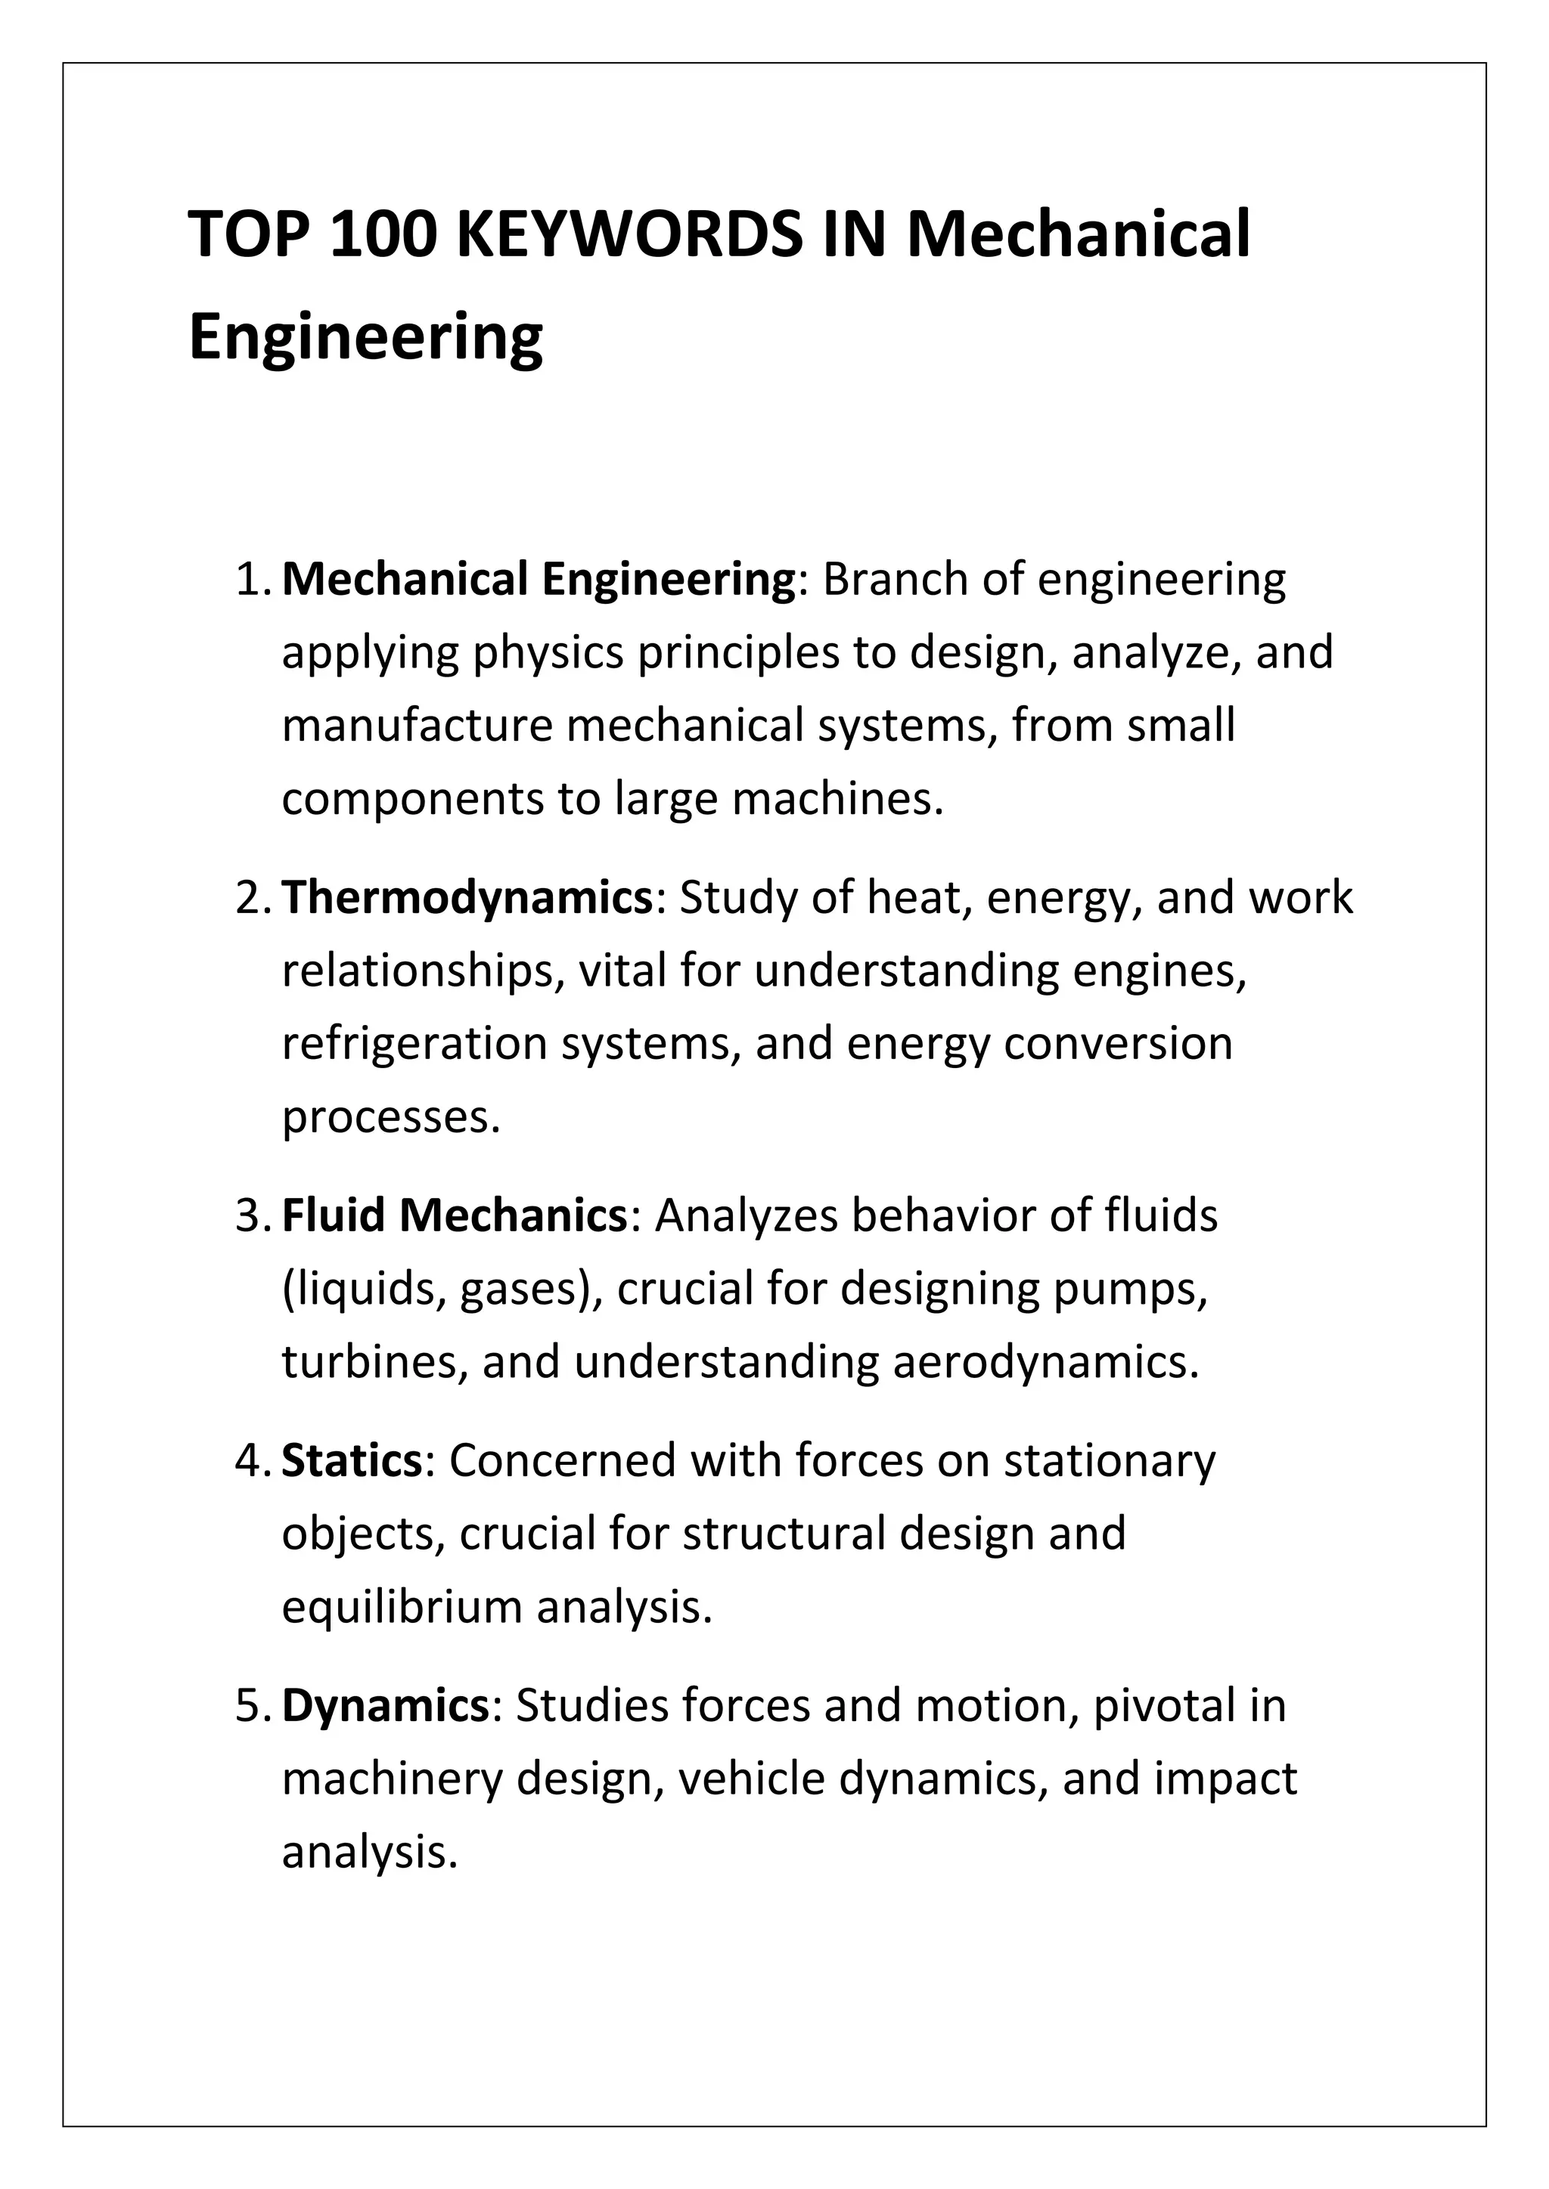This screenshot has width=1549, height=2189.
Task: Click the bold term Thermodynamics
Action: pyautogui.click(x=467, y=898)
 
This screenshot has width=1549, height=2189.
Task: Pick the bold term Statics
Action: pyautogui.click(x=352, y=1460)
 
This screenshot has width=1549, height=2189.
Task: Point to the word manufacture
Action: pyautogui.click(x=417, y=726)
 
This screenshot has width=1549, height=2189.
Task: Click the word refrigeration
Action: pyautogui.click(x=414, y=1044)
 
